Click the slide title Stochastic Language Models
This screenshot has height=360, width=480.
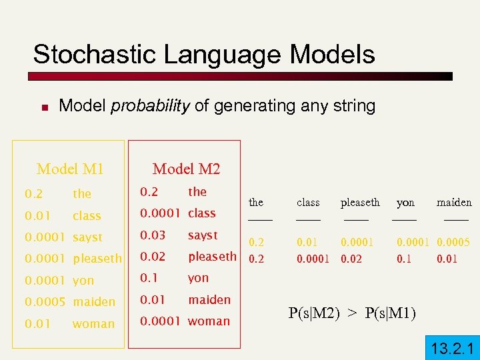(204, 55)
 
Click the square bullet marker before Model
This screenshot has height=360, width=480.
(41, 106)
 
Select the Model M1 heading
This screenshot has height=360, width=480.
(70, 169)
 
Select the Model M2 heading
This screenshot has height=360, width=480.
(186, 169)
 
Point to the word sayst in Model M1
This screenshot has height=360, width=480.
(88, 237)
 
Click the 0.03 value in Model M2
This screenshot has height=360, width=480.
(152, 235)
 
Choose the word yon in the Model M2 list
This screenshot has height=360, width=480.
(198, 278)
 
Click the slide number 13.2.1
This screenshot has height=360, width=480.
(452, 347)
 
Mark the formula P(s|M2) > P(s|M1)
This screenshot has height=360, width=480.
(352, 313)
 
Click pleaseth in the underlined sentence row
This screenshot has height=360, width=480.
(360, 203)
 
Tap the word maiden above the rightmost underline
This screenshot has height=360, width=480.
(454, 203)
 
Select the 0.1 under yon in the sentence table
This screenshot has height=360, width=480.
(404, 258)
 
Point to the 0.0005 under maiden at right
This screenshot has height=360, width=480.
(453, 243)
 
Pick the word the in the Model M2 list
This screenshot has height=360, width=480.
(197, 192)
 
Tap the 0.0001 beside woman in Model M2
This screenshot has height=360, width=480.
(160, 321)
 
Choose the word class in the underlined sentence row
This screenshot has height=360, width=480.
(308, 203)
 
